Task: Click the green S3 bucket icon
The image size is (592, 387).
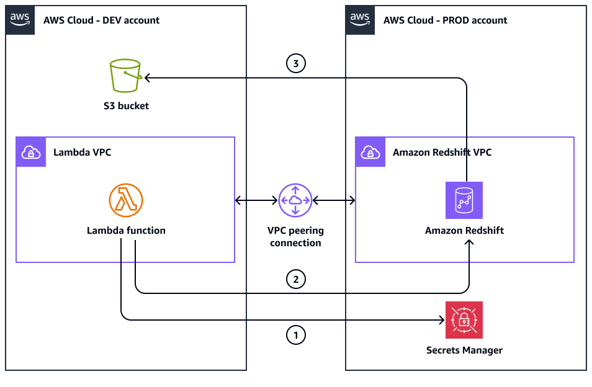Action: point(125,76)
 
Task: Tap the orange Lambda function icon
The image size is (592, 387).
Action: point(126,200)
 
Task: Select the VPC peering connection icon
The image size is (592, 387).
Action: point(295,200)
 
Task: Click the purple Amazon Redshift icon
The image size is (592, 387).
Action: point(464,200)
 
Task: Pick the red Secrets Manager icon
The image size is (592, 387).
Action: point(464,320)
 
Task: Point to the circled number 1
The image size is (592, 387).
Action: point(295,336)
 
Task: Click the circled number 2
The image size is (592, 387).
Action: point(295,280)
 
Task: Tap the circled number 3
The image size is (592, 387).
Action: point(295,63)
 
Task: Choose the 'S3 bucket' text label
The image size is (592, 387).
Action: point(126,105)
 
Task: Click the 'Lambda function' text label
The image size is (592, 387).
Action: point(126,230)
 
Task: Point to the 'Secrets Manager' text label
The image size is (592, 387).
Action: point(464,350)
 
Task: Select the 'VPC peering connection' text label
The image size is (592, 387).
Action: point(295,236)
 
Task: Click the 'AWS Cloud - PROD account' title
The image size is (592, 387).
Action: point(445,20)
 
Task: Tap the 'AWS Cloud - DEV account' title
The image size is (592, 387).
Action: point(101,20)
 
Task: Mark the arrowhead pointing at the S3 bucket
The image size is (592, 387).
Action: point(147,78)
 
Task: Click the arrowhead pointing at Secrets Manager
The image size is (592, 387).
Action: point(442,320)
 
